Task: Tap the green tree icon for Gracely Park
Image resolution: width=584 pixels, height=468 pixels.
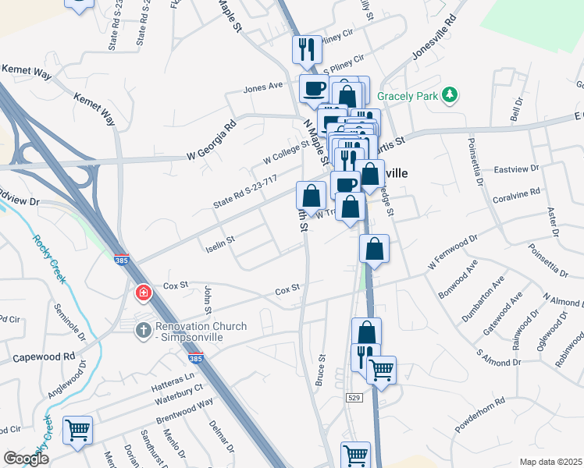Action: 449,95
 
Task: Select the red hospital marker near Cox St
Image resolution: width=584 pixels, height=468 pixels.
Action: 143,294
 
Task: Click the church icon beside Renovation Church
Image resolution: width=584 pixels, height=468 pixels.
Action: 143,331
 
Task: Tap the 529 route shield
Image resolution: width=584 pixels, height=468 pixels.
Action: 355,398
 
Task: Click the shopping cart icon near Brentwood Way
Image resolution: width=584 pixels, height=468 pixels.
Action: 77,430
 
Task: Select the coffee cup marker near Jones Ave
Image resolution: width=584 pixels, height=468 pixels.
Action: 314,87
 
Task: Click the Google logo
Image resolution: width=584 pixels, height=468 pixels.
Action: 27,459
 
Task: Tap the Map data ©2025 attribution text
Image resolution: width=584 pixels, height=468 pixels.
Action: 550,462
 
